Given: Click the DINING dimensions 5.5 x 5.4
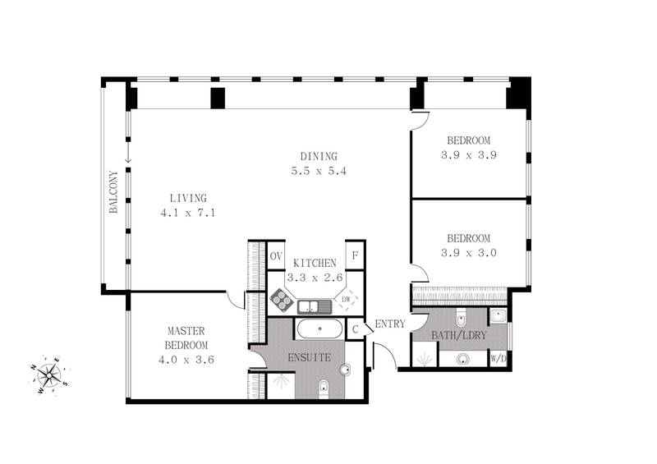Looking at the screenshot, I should [319, 172].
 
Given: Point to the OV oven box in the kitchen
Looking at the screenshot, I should [277, 256].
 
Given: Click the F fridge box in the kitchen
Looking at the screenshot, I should [355, 256].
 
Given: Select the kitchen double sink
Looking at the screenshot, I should [315, 307].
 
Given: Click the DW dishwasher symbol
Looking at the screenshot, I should [346, 301].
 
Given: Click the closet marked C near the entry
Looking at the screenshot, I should [356, 329].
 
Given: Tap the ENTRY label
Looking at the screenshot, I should [390, 324].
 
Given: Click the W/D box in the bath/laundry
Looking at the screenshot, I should [498, 359].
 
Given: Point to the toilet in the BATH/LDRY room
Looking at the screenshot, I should [461, 319].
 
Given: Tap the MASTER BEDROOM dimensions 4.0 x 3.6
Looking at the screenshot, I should [188, 359].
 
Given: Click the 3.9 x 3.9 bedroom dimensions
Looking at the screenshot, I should [468, 154].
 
